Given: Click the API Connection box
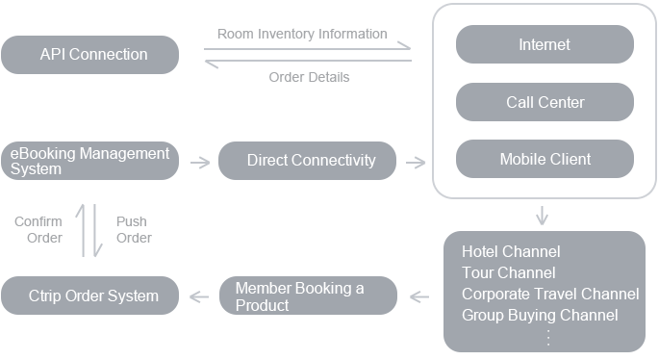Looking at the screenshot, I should click(x=89, y=55).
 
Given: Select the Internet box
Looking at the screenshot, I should click(x=545, y=44).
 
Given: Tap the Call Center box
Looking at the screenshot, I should click(x=545, y=102).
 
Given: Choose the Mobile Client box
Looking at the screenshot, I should click(x=545, y=160).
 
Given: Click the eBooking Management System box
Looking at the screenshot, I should click(x=89, y=161).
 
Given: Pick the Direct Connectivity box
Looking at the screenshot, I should click(x=307, y=161).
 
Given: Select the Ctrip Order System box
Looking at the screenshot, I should click(x=89, y=296).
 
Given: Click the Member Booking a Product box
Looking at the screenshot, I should click(x=307, y=296).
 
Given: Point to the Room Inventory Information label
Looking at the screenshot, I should click(x=302, y=34).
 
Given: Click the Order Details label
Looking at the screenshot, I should click(x=309, y=77).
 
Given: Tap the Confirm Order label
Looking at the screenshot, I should click(x=38, y=230).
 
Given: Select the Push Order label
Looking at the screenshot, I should click(x=134, y=230).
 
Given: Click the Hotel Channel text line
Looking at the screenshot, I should click(x=511, y=252).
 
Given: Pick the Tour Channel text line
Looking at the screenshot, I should click(x=508, y=273).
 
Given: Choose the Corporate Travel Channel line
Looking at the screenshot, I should click(x=550, y=295).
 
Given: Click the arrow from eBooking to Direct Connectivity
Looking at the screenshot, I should click(x=200, y=162).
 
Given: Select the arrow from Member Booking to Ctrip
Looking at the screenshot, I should click(x=199, y=296).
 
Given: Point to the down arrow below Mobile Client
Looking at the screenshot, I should click(x=544, y=214).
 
